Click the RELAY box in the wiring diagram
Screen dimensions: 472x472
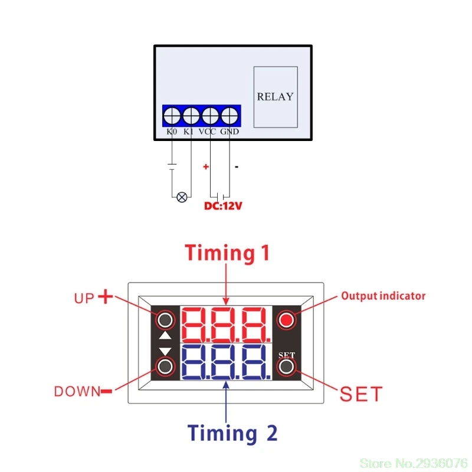pyautogui.click(x=276, y=97)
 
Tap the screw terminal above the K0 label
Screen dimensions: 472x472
pyautogui.click(x=172, y=114)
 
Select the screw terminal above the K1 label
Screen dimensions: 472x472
pyautogui.click(x=191, y=114)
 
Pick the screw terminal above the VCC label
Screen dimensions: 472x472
pyautogui.click(x=210, y=114)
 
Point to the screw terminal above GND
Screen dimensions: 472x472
pyautogui.click(x=229, y=114)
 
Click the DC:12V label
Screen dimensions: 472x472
pyautogui.click(x=224, y=206)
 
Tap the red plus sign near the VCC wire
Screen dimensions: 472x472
pyautogui.click(x=206, y=167)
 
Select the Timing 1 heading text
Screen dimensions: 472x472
pyautogui.click(x=227, y=253)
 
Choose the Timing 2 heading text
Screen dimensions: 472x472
pyautogui.click(x=232, y=433)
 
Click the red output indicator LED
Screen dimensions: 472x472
pyautogui.click(x=287, y=320)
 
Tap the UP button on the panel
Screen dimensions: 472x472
pyautogui.click(x=166, y=320)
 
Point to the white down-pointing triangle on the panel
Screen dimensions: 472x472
pyautogui.click(x=166, y=352)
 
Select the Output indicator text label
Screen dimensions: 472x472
pyautogui.click(x=383, y=296)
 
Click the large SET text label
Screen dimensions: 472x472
pyautogui.click(x=361, y=394)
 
